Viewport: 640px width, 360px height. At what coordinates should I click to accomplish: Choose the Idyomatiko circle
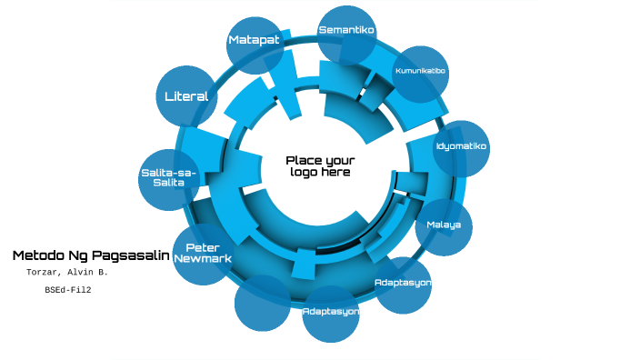click(x=461, y=148)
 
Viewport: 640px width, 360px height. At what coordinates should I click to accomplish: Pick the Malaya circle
click(x=444, y=226)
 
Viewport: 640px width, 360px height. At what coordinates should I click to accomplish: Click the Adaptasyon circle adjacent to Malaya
click(x=403, y=285)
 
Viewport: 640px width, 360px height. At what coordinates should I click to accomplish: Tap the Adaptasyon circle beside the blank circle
click(x=331, y=314)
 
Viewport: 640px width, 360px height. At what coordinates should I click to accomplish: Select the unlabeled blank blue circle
click(x=263, y=303)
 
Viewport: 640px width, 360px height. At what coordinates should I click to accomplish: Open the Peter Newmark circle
click(x=202, y=255)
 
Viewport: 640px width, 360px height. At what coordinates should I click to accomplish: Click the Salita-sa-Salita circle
click(x=169, y=178)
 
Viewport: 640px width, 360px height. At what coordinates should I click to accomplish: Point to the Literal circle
click(x=186, y=95)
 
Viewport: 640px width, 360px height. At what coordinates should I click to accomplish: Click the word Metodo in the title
click(x=38, y=255)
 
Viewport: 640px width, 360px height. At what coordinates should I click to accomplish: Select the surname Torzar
click(x=43, y=273)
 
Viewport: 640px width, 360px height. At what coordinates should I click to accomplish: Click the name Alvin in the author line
click(x=83, y=273)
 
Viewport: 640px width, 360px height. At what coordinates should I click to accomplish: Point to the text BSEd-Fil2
click(x=68, y=290)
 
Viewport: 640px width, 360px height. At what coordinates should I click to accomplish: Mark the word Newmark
click(x=202, y=259)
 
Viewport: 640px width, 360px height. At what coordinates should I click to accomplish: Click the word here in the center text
click(x=336, y=173)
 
